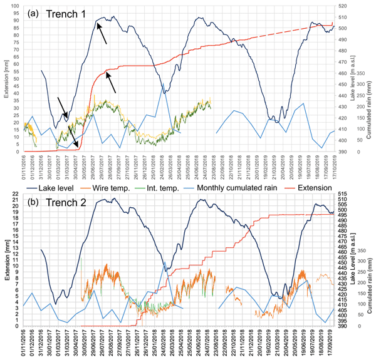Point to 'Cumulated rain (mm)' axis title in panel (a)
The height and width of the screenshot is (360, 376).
click(372, 118)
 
